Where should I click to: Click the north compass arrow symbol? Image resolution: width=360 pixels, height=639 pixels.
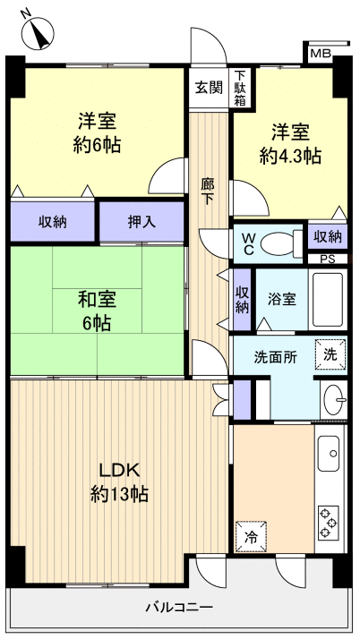point(37,33)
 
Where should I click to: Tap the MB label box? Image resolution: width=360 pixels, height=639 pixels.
point(320,55)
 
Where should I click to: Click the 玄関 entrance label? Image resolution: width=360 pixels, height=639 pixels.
point(209,88)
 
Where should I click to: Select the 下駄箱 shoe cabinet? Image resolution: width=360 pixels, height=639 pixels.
point(240,88)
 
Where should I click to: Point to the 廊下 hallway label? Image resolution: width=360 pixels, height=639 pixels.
point(208,193)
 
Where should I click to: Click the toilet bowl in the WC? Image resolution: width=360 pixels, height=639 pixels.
point(284,242)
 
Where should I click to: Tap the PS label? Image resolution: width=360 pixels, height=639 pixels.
point(328,260)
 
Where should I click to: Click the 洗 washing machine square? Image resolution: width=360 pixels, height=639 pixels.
point(330,354)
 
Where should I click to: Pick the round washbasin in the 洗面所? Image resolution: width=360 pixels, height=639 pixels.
point(332,396)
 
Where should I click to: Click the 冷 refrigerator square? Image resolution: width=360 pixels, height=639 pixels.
point(251,538)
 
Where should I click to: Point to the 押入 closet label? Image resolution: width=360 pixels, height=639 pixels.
point(141,222)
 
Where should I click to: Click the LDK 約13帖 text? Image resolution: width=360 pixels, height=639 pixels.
point(118,481)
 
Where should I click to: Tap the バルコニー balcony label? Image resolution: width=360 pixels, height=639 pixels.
point(179,608)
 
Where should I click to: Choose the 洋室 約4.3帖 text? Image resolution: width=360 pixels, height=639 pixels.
point(290,144)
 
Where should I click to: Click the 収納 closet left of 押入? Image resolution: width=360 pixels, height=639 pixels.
point(52,222)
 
